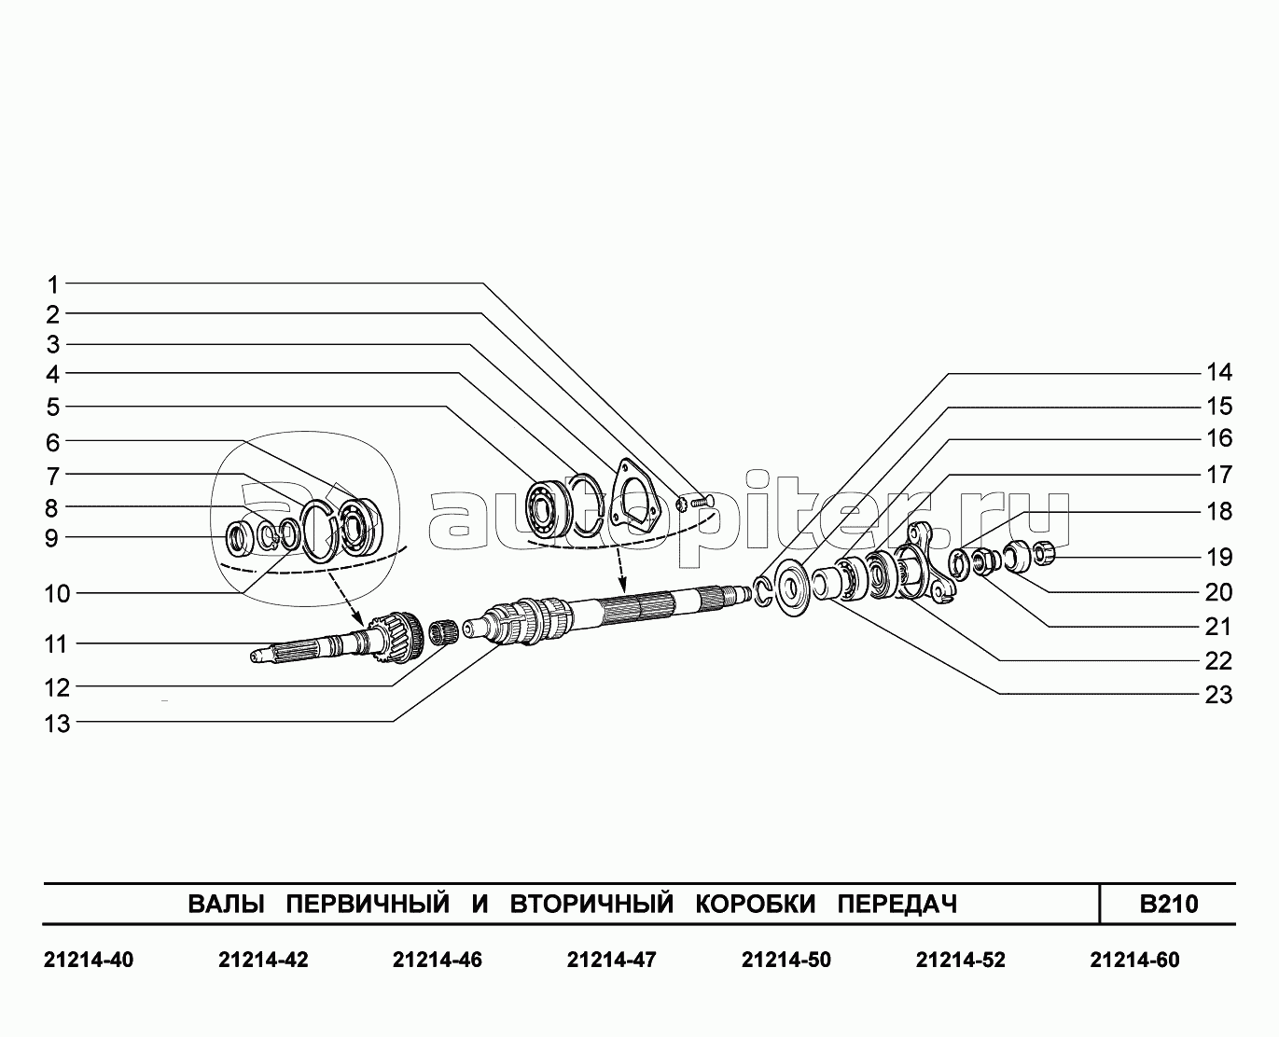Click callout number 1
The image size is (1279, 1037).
pyautogui.click(x=53, y=285)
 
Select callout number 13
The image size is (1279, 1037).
pyautogui.click(x=57, y=724)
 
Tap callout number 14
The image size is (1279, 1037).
pyautogui.click(x=1219, y=373)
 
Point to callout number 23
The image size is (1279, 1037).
pyautogui.click(x=1218, y=695)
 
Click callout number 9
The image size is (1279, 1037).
pyautogui.click(x=52, y=538)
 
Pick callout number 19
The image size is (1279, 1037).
pyautogui.click(x=1219, y=558)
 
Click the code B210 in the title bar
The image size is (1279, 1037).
pyautogui.click(x=1169, y=904)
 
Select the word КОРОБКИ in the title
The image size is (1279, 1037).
pyautogui.click(x=756, y=904)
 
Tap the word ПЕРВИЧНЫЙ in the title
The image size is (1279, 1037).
pyautogui.click(x=368, y=903)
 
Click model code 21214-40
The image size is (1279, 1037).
pyautogui.click(x=89, y=961)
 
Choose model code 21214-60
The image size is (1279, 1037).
pyautogui.click(x=1134, y=961)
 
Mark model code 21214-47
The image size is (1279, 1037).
pyautogui.click(x=611, y=961)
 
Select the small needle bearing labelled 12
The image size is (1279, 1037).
pyautogui.click(x=445, y=632)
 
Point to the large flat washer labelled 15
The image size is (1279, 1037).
pyautogui.click(x=793, y=588)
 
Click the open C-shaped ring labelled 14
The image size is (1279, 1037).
pyautogui.click(x=763, y=591)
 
